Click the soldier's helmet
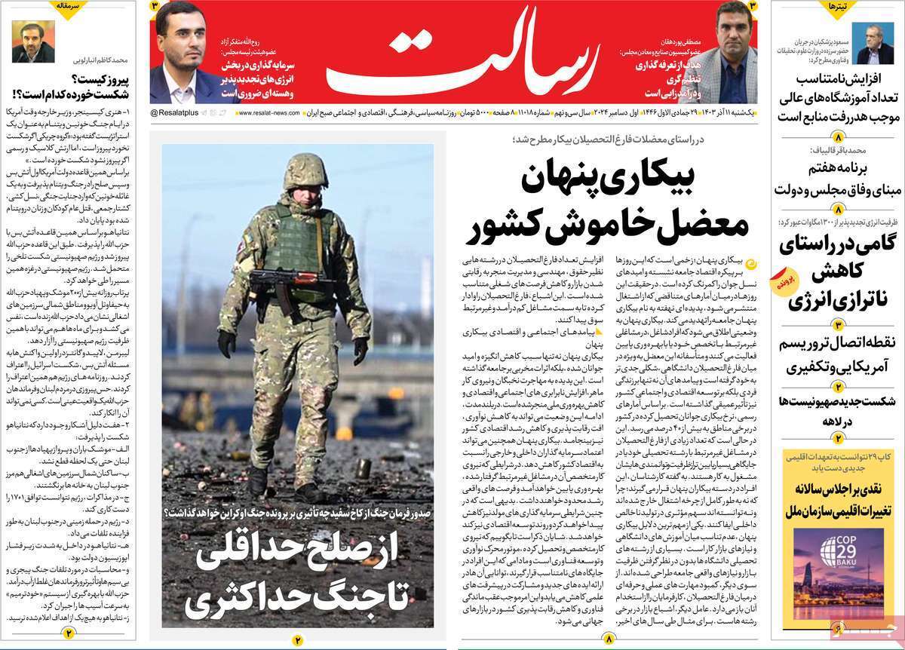click(x=305, y=170)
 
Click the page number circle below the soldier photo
click(x=297, y=640)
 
